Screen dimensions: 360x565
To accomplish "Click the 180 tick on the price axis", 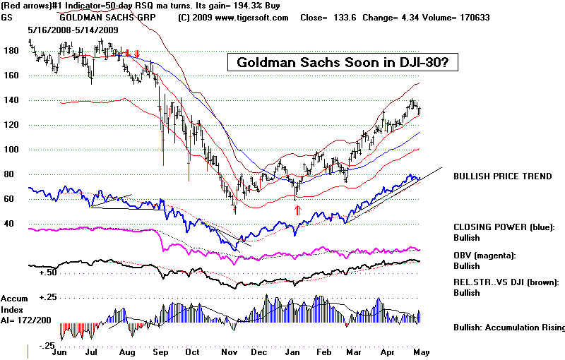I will [10, 52].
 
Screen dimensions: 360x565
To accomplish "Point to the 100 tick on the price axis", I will [10, 150].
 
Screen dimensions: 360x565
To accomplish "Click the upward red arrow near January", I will [298, 210].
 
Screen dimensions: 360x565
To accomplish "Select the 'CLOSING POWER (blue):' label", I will [504, 227].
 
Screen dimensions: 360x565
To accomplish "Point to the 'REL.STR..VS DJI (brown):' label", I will [506, 282].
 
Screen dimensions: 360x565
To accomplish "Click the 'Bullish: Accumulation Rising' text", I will [509, 328].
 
